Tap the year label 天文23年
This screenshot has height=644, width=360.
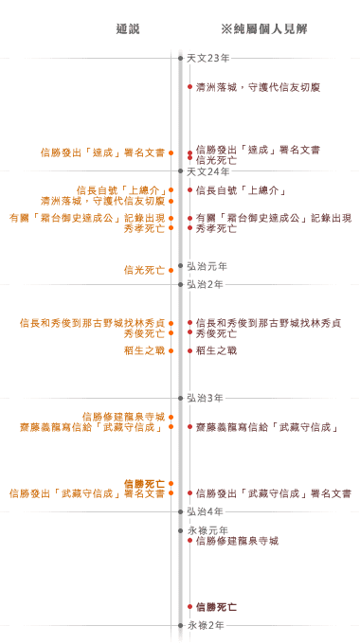click(208, 58)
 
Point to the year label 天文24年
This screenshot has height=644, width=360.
click(208, 171)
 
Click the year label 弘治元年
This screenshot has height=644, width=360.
click(207, 266)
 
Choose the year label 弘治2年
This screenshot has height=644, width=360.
click(206, 284)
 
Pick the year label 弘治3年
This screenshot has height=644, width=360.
click(206, 397)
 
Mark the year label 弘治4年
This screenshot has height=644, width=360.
click(206, 511)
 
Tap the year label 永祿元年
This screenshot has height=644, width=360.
click(207, 530)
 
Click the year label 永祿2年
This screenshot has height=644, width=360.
click(206, 625)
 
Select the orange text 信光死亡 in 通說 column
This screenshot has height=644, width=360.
click(143, 270)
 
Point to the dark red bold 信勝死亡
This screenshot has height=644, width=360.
click(217, 606)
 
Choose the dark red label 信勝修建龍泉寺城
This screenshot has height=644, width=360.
click(237, 541)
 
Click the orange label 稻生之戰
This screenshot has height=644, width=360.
click(143, 350)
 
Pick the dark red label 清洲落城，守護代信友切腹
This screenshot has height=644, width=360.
click(258, 87)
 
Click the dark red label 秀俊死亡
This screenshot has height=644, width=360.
click(217, 333)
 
